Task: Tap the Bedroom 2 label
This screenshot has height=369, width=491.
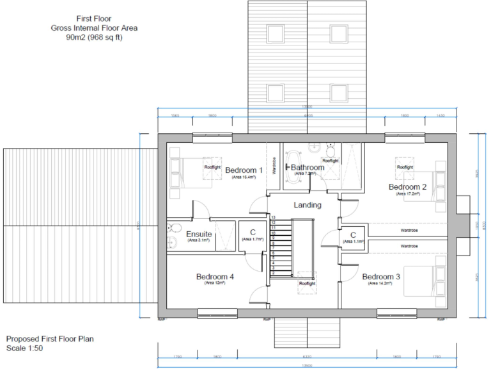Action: point(407,186)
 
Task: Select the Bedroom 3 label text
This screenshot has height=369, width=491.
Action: point(381,277)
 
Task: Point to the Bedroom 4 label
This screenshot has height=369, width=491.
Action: point(215,277)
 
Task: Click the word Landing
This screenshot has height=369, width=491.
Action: point(307,205)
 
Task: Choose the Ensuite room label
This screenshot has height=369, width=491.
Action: point(199,234)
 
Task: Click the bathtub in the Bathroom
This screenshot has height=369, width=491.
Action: point(293,168)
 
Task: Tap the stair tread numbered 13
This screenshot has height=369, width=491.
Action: point(273,218)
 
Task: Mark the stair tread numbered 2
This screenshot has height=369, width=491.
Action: point(273,273)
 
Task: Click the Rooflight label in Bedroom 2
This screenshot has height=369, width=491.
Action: point(405,167)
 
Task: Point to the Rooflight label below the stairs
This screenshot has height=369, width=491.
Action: point(307,283)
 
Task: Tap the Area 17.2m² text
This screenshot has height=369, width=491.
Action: point(407,193)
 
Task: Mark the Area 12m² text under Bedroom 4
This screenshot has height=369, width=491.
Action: point(215,283)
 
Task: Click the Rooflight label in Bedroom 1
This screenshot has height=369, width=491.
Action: point(212,167)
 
